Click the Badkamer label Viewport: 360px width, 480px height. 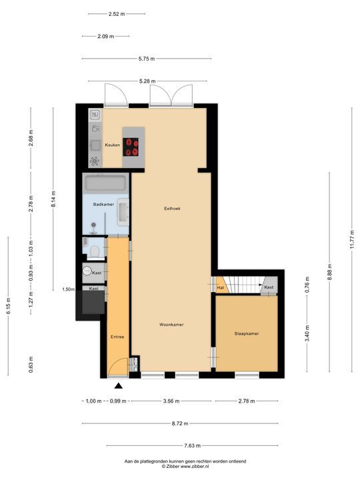tap(103, 205)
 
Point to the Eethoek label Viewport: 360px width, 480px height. tap(172, 209)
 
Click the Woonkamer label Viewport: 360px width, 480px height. tap(171, 325)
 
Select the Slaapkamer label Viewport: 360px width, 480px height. tap(246, 333)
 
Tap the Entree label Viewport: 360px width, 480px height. tap(117, 337)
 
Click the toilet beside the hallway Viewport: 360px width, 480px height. tap(95, 251)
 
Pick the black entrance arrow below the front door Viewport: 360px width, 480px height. tap(119, 385)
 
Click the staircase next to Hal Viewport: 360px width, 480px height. tap(244, 285)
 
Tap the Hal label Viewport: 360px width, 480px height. tap(220, 288)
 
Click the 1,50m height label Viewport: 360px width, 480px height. tap(68, 289)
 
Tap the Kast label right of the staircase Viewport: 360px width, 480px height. tap(268, 287)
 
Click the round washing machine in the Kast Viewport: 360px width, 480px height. tap(87, 271)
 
